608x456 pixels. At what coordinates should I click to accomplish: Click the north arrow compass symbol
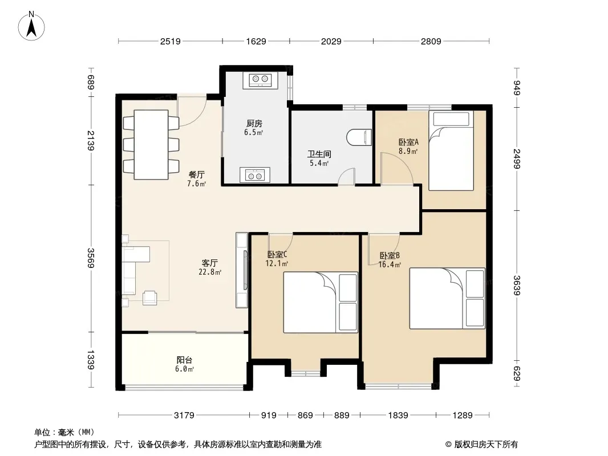click(31, 26)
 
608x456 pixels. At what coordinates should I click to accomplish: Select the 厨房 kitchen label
click(254, 124)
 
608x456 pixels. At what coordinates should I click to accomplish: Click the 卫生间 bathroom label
click(319, 154)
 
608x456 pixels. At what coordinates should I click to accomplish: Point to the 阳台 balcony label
click(185, 360)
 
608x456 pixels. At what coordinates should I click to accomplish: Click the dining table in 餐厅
click(151, 145)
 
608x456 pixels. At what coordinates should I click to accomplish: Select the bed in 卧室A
click(451, 150)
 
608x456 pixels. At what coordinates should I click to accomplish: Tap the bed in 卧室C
click(321, 302)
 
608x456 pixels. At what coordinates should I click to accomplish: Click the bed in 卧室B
click(448, 298)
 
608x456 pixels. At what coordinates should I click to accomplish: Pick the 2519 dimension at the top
click(171, 41)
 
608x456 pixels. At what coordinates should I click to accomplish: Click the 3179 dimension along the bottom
click(184, 416)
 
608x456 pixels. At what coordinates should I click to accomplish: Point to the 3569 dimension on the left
click(91, 258)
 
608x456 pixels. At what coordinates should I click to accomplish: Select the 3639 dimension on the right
click(517, 285)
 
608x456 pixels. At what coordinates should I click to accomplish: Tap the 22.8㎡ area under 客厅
click(210, 272)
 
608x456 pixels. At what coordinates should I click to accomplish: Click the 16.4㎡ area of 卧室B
click(390, 265)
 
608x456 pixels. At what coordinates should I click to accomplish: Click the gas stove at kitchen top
click(260, 80)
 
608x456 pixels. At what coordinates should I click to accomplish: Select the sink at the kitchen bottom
click(255, 175)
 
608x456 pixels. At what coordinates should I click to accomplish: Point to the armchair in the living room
click(149, 298)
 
